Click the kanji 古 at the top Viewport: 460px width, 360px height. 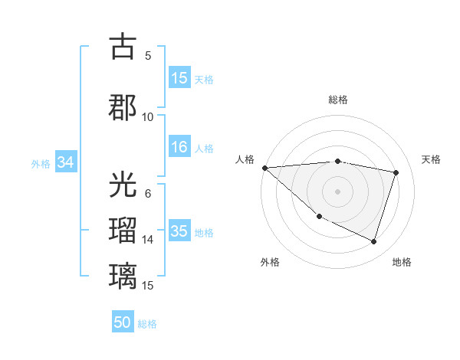[123, 47]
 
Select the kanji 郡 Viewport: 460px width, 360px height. [123, 107]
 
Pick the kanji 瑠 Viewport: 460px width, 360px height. [123, 231]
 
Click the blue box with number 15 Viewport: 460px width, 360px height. [179, 78]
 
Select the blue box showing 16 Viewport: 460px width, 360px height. [179, 147]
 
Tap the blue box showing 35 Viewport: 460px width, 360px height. [179, 231]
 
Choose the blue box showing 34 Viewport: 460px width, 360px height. [65, 162]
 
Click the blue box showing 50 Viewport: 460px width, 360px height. [123, 322]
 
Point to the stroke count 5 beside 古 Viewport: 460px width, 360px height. [148, 55]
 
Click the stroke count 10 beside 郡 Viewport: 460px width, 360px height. [148, 116]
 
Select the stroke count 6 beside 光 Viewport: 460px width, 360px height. [148, 193]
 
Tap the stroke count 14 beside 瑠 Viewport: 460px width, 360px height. [148, 240]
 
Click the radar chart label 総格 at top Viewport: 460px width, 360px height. [337, 100]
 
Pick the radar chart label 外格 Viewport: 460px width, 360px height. [270, 262]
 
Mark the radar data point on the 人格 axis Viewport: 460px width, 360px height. [264, 168]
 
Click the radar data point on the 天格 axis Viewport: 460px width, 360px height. [396, 172]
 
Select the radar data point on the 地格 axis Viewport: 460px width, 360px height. [373, 242]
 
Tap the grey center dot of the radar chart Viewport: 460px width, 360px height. [337, 191]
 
